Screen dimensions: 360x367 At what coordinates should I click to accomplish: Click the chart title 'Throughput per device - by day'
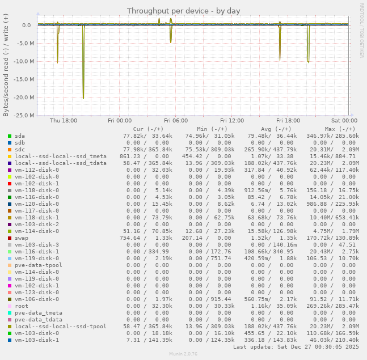pos(183,11)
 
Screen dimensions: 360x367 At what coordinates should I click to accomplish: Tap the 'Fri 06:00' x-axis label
pos(176,121)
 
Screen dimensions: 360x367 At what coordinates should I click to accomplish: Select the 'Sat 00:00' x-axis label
pos(344,121)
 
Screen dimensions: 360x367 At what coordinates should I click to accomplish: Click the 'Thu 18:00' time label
pos(64,121)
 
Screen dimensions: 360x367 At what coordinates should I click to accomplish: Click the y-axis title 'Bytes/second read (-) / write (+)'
pos(6,65)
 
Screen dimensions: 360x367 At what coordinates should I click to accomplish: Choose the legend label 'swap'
pos(22,238)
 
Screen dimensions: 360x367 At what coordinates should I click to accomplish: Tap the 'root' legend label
pos(22,306)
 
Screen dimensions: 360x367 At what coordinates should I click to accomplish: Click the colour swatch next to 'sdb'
pos(10,143)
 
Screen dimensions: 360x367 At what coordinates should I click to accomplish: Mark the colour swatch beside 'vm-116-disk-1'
pos(10,252)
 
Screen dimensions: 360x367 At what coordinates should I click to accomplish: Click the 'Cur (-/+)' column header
pos(144,129)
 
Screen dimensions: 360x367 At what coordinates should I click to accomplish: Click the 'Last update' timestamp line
pos(296,347)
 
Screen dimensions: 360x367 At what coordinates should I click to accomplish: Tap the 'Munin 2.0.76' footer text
pos(183,354)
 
